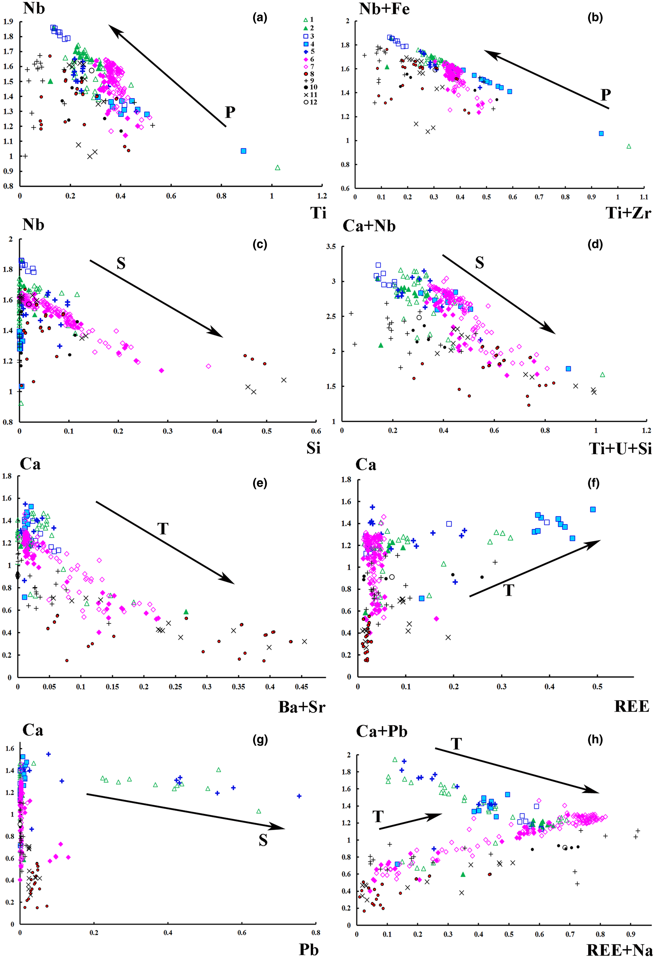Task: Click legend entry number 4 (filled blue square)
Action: (x=306, y=44)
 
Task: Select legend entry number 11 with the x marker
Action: (x=306, y=95)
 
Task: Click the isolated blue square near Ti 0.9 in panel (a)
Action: (x=244, y=151)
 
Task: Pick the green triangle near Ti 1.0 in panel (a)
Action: (x=277, y=168)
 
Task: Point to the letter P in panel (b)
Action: (x=605, y=95)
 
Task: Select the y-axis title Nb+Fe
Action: (x=384, y=9)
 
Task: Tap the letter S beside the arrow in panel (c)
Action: (x=121, y=263)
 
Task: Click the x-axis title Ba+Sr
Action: (x=302, y=707)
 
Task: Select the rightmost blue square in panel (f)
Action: (x=593, y=509)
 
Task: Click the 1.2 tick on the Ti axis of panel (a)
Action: (x=322, y=196)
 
